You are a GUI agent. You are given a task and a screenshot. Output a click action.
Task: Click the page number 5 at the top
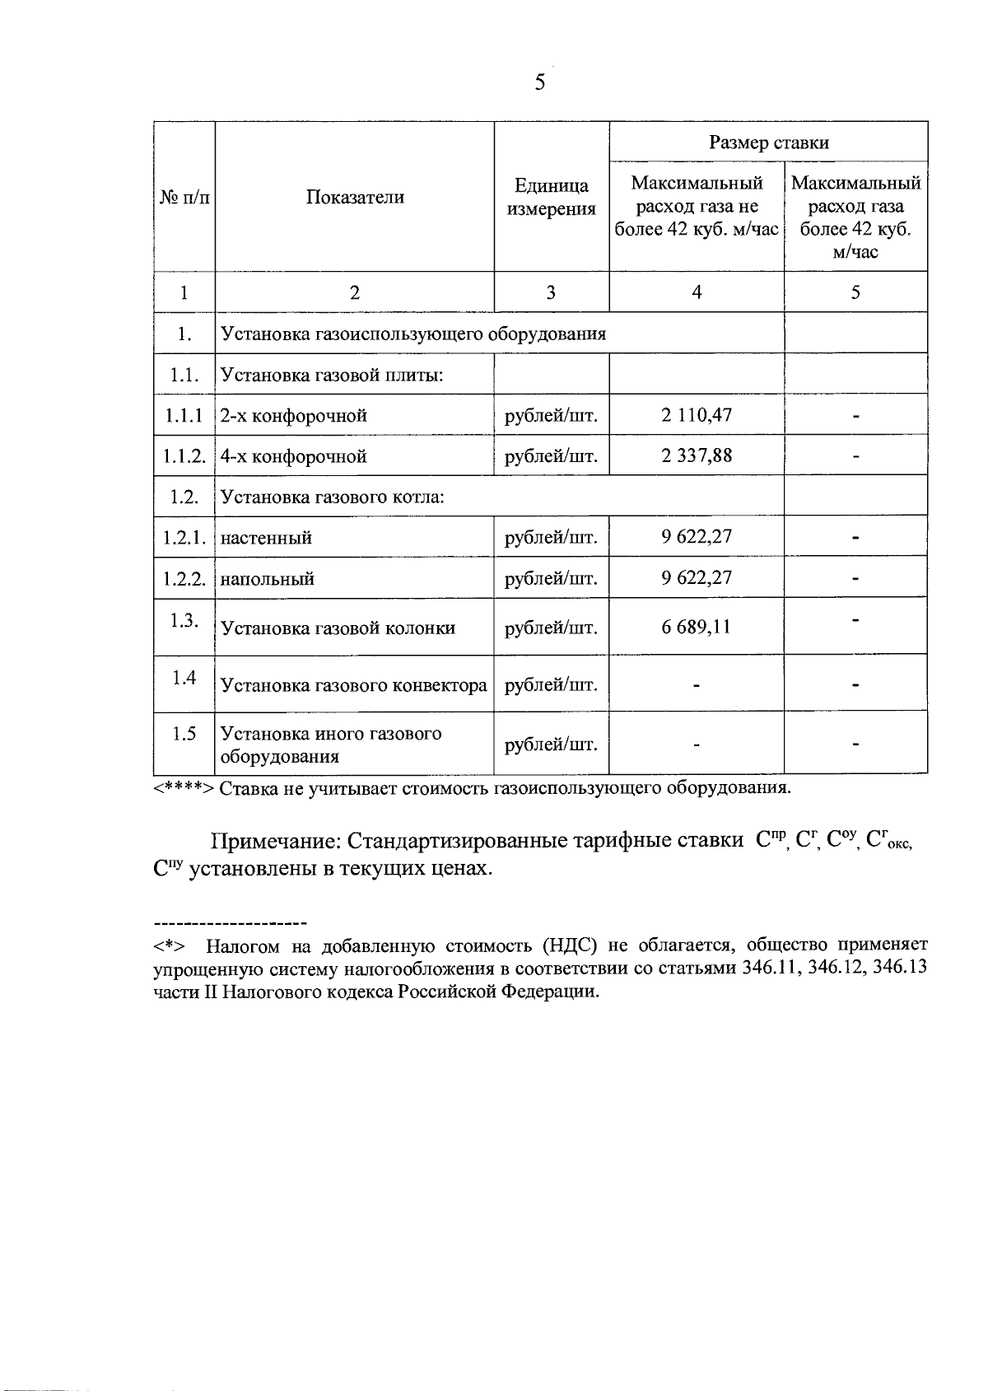[x=540, y=82]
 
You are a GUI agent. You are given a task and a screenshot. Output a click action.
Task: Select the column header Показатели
[x=355, y=197]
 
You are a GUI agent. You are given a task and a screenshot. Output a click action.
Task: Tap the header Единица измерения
[x=551, y=197]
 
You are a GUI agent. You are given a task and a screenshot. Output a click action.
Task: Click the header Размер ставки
[x=768, y=142]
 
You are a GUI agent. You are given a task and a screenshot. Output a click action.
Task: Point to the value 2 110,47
[x=696, y=415]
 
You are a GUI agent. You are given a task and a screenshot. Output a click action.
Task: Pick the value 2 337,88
[x=696, y=455]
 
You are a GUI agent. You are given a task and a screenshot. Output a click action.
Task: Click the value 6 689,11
[x=696, y=627]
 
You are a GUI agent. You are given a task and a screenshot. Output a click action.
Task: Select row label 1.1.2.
[x=184, y=456]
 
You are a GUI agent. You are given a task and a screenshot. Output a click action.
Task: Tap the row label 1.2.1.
[x=184, y=538]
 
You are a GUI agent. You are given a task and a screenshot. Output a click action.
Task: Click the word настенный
[x=267, y=539]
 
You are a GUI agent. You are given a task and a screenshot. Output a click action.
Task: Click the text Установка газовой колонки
[x=338, y=628]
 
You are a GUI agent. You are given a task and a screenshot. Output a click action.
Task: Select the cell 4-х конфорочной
[x=294, y=456]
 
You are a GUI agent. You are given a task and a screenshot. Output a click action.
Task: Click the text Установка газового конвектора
[x=354, y=685]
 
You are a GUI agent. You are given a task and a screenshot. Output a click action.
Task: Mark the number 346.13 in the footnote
[x=900, y=968]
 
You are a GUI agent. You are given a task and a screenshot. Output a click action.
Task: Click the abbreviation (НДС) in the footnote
[x=570, y=945]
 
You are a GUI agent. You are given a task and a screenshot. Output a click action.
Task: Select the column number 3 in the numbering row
[x=551, y=292]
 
